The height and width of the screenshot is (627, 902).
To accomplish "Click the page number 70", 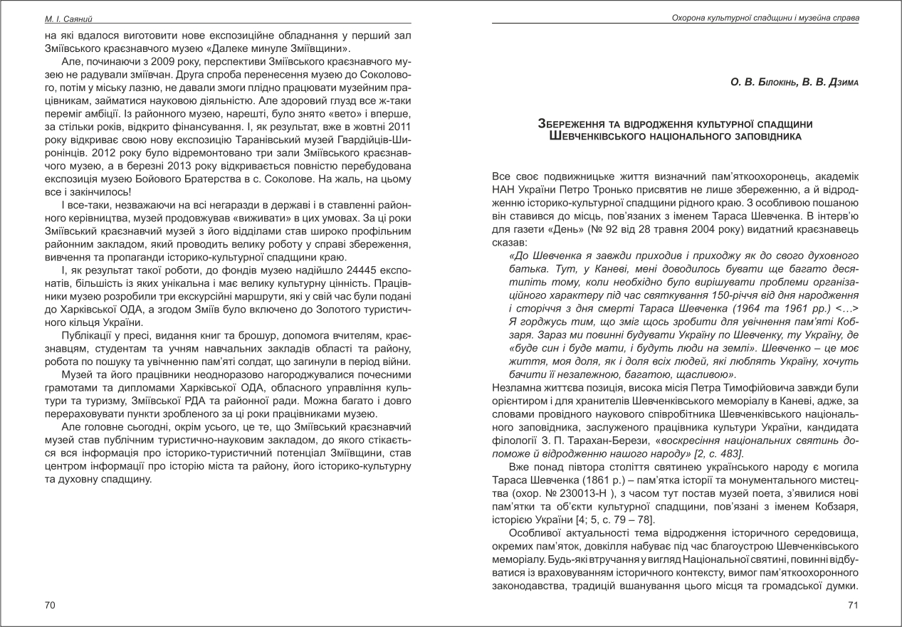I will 49,605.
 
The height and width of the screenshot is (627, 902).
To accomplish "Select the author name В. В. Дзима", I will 824,83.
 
